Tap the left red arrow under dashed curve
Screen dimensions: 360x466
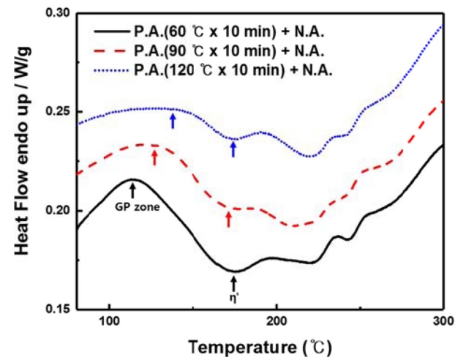click(154, 157)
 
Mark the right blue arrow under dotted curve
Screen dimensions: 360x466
click(233, 149)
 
